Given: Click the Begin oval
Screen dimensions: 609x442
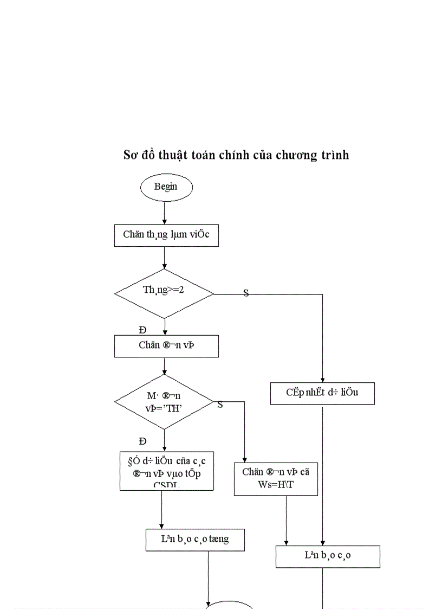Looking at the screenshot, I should (166, 187).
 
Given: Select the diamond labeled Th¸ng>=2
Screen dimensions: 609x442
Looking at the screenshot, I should (164, 293).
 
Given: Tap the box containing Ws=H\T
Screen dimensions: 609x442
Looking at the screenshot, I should (276, 479).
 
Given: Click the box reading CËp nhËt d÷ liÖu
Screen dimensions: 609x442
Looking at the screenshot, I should (322, 393).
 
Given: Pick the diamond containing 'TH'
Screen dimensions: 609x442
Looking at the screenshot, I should (164, 402).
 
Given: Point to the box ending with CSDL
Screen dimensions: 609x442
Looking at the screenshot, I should (166, 471).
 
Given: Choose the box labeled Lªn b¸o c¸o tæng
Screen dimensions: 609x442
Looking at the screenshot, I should (194, 540).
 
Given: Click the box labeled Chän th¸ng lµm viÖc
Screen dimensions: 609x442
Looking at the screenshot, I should (166, 235).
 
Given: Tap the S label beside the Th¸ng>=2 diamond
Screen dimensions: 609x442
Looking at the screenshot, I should (246, 293).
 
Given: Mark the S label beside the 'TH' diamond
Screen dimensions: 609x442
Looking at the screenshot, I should (220, 405).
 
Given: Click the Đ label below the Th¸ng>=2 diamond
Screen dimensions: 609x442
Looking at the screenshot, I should (142, 330).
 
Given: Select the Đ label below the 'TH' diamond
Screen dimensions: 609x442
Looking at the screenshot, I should (142, 441).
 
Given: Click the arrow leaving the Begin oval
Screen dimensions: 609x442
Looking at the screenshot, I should (164, 212).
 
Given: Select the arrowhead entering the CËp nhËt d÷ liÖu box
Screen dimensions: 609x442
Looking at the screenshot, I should (323, 379).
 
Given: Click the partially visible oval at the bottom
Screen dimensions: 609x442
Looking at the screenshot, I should (230, 605).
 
